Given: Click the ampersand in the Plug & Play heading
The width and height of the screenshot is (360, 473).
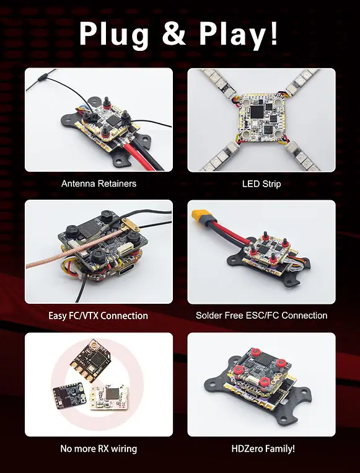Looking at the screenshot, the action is pos(173,33).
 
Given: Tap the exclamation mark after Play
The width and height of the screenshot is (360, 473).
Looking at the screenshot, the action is pos(273,33).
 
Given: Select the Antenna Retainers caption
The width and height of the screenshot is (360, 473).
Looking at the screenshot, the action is pos(99,183).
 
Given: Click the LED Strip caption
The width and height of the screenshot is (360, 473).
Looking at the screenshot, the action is pos(261,183).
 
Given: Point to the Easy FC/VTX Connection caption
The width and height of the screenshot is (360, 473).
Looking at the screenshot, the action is pos(98,316).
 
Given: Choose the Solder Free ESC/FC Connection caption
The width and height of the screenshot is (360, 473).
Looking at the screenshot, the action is pos(261,316).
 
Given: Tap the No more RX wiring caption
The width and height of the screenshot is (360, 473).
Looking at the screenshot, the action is pos(99,449).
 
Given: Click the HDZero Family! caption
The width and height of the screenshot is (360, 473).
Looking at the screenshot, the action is pos(263,449).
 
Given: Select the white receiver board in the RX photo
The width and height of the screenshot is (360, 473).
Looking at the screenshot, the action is pos(108,397).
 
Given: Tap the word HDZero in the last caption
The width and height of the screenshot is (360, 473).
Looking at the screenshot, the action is pos(247,449).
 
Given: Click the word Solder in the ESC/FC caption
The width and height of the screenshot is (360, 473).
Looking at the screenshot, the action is pos(209,316).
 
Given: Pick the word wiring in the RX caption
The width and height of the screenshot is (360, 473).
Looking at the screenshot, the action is pos(124,449).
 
